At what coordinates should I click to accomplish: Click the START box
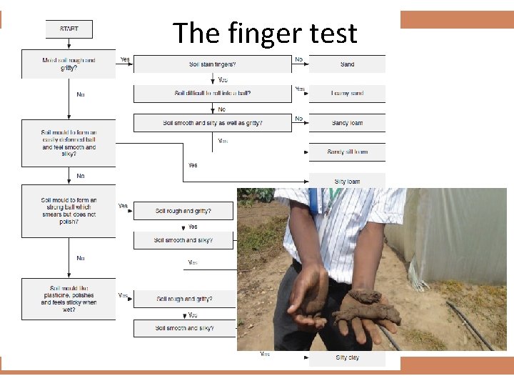(x=69, y=29)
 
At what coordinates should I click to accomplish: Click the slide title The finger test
(x=264, y=33)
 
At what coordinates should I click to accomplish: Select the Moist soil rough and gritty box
(x=69, y=64)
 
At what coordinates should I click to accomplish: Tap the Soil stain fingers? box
(x=213, y=64)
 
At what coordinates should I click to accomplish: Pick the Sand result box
(x=347, y=64)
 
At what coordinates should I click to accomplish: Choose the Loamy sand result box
(x=347, y=94)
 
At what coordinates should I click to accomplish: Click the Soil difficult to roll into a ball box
(x=213, y=94)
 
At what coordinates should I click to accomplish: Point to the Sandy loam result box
(x=347, y=123)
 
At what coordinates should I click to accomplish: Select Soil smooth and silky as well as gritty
(x=213, y=123)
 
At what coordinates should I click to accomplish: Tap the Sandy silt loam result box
(x=347, y=152)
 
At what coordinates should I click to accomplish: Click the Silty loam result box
(x=347, y=181)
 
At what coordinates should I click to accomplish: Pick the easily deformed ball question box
(x=69, y=143)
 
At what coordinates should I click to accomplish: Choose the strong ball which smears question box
(x=69, y=211)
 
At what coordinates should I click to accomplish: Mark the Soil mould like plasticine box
(x=69, y=298)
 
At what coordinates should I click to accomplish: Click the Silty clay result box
(x=347, y=357)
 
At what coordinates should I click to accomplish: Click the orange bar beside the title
(x=457, y=19)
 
